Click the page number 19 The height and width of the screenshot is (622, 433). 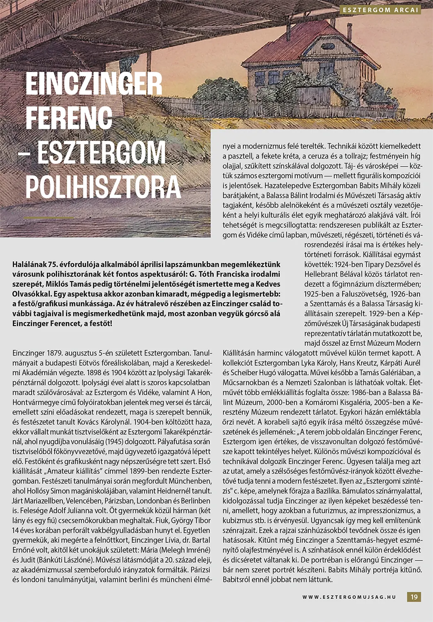coord(414,597)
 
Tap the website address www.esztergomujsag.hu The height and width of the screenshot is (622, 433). coord(349,597)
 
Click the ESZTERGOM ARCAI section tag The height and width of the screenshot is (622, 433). coord(381,10)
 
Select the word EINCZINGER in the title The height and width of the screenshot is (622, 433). coord(94,84)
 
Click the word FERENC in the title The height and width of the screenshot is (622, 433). coord(69,117)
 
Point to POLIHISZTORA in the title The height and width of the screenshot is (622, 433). coord(103,187)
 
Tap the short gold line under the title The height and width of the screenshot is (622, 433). coord(49,217)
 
